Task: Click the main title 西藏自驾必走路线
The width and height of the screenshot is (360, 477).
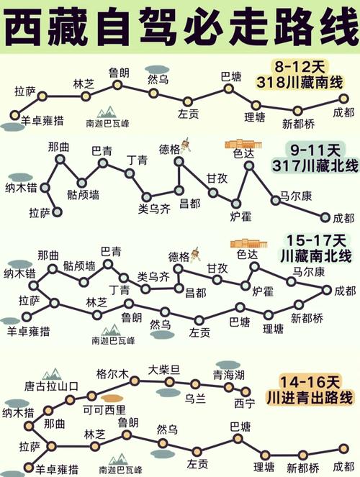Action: point(180,27)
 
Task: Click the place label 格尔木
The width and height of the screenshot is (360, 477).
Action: point(112,373)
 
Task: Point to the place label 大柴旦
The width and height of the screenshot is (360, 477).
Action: point(163,370)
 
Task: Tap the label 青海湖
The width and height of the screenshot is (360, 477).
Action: point(228,376)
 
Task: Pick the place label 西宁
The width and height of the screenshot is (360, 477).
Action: point(244,403)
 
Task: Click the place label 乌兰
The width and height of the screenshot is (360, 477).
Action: point(196,396)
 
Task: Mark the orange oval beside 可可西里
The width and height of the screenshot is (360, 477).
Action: point(111,397)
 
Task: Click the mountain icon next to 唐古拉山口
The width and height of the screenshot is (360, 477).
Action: point(50,373)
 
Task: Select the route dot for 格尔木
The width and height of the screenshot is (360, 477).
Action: point(134,381)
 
